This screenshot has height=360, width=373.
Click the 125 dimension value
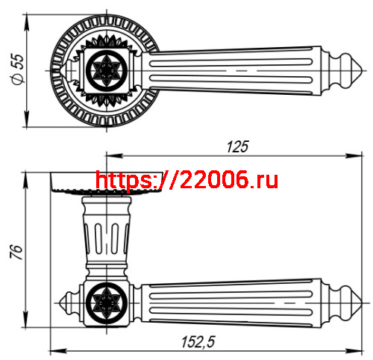click(236, 146)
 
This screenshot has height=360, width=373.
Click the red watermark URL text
click(187, 180)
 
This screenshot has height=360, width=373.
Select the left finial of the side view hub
click(67, 302)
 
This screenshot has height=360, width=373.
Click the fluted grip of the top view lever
click(239, 71)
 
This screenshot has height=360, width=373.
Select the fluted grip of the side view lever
click(239, 302)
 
